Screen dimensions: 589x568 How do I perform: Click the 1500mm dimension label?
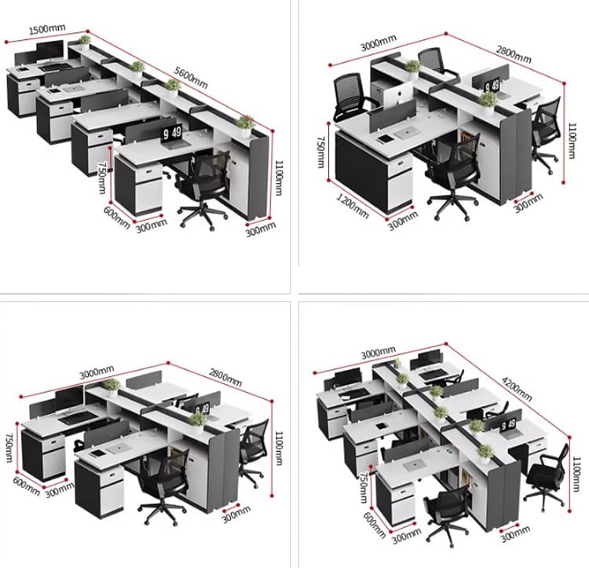pos(47,29)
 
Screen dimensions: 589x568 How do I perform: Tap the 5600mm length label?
pos(191,78)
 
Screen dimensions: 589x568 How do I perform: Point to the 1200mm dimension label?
pos(352,206)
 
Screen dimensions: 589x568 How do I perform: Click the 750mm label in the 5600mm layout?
pos(102,178)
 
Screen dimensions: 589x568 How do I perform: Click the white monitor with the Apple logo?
pos(398,93)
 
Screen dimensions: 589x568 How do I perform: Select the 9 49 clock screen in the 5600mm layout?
pos(172,133)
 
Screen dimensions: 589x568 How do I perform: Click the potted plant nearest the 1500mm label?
pos(85,42)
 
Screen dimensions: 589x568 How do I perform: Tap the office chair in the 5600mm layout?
pos(203,188)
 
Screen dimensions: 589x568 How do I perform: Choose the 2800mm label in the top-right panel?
pos(514,54)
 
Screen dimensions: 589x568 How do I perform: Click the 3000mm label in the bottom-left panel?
pos(97,372)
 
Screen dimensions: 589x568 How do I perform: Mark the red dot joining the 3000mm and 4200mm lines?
pos(446,344)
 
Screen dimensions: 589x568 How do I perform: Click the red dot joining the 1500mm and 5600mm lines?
pos(88,31)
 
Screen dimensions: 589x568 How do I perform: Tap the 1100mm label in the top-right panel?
pos(571,141)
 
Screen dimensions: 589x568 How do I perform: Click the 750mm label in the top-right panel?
pos(321,152)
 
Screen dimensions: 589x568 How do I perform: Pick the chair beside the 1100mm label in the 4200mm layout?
pos(546,477)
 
